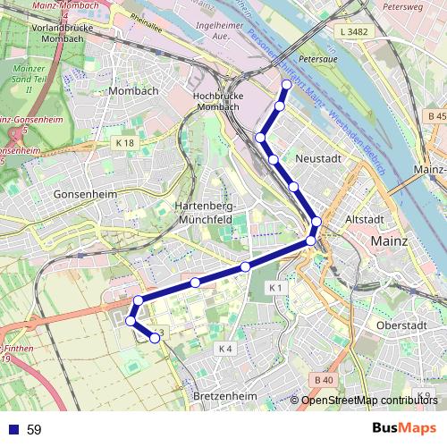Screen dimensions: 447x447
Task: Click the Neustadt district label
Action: pos(318,157)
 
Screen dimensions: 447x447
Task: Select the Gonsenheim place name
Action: pos(81,193)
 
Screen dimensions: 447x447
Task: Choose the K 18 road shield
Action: pos(124,143)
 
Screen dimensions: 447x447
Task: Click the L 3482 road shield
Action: pos(354,32)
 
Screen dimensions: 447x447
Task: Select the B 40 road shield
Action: pos(324,380)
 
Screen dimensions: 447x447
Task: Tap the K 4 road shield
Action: pos(224,348)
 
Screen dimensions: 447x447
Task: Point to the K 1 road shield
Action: pos(275,288)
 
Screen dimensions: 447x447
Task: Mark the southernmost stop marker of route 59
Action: pos(155,338)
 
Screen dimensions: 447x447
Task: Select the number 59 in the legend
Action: pos(34,430)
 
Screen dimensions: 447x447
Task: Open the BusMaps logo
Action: pos(404,428)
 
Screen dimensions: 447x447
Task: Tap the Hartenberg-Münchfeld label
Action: pos(200,211)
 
